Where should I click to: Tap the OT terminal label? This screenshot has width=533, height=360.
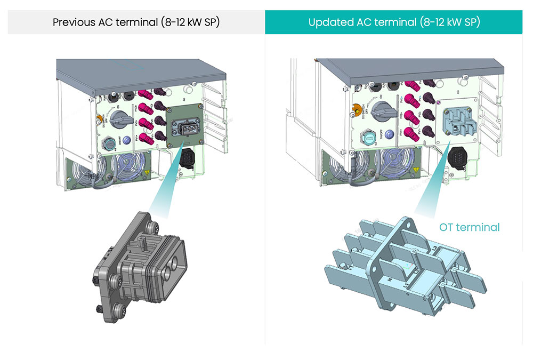pyautogui.click(x=469, y=227)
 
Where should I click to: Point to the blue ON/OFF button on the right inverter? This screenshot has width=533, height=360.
pyautogui.click(x=390, y=134)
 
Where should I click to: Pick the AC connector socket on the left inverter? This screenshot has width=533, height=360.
pyautogui.click(x=185, y=127)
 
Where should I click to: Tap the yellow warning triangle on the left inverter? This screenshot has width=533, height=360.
pyautogui.click(x=146, y=173)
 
